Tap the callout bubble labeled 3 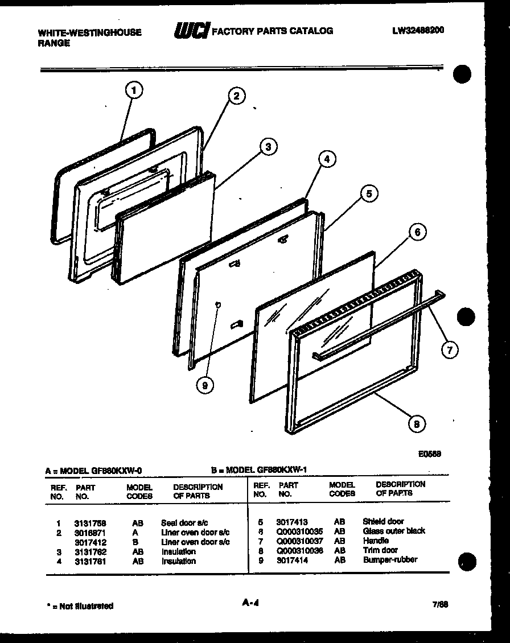268,147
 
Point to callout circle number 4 327,160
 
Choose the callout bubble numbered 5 369,194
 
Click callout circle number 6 417,232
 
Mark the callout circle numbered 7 449,349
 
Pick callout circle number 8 417,424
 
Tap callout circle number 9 205,385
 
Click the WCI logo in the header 191,31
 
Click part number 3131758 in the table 90,523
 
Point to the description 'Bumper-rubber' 390,559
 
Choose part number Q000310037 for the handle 299,541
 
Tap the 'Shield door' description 383,521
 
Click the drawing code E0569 429,454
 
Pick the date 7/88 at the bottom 440,604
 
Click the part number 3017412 90,542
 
